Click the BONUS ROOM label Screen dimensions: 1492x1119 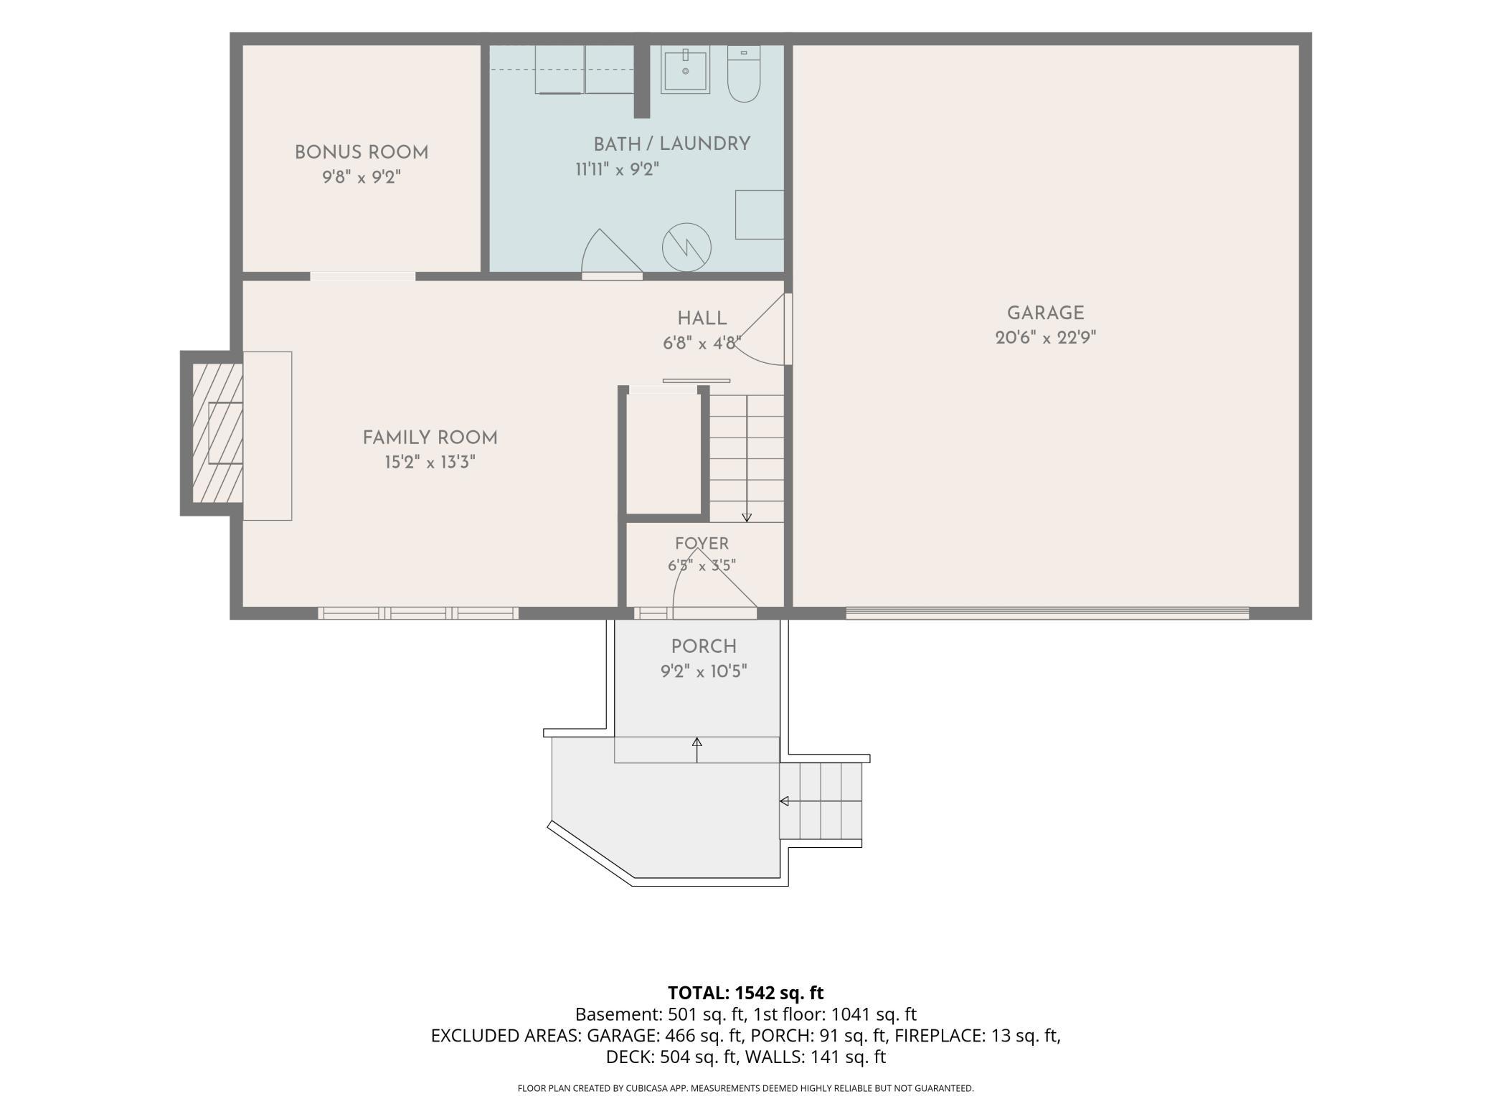362,153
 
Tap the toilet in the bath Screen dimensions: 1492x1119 744,73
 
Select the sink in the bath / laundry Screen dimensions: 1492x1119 685,70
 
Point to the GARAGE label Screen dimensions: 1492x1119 1045,313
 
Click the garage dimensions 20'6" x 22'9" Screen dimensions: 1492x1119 1045,338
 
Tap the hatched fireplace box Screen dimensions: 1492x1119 217,433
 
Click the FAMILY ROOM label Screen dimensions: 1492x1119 430,438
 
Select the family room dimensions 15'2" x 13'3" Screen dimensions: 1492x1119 430,463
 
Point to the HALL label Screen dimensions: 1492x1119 702,318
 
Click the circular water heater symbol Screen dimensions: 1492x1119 686,247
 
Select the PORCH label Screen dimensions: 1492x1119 704,647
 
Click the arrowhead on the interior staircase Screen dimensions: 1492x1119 747,517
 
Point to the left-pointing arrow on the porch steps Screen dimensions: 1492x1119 785,801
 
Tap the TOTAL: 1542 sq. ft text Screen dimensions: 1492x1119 745,993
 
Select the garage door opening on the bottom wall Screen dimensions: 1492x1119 1047,613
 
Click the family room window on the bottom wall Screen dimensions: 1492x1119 418,613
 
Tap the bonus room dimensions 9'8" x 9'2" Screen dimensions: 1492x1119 362,177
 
